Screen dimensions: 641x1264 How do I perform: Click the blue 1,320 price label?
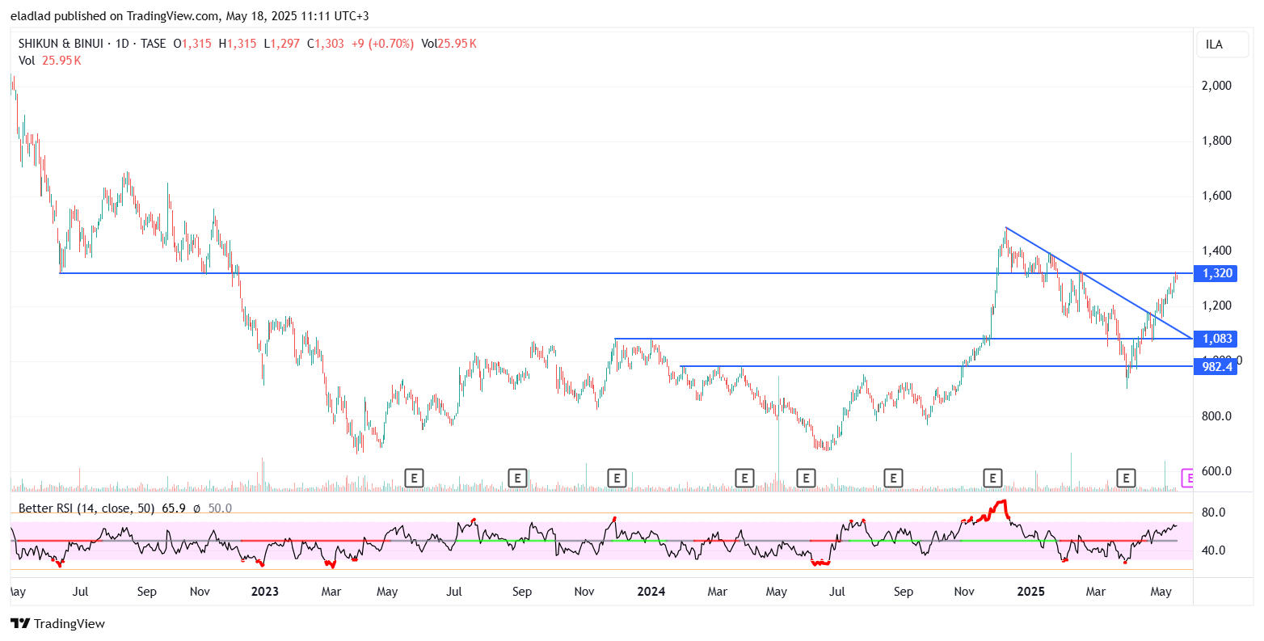pos(1217,273)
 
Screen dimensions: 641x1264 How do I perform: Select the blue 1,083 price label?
pos(1217,339)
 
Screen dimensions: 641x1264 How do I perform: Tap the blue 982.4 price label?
pos(1217,367)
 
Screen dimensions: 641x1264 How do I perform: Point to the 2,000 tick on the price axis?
pos(1217,86)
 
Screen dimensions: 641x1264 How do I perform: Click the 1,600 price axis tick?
pos(1217,196)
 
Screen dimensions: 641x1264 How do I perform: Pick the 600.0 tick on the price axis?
pos(1217,471)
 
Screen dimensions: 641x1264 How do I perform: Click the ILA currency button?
pos(1214,44)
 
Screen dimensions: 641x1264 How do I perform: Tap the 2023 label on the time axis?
pos(265,592)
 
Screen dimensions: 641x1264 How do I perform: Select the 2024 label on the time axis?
pos(651,592)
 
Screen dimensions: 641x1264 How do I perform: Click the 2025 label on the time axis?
pos(1031,592)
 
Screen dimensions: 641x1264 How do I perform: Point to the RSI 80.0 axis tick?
pos(1214,512)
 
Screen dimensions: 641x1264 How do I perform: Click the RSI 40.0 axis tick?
pos(1214,550)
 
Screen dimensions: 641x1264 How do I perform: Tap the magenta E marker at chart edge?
pos(1187,479)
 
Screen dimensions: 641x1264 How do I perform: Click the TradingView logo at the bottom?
pos(58,624)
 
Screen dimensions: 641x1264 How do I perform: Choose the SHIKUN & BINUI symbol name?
pos(60,44)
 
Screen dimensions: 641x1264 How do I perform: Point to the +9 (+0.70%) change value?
pos(382,44)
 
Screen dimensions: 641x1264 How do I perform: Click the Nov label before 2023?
pos(200,592)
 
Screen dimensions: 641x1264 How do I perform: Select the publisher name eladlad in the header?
pos(31,16)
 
